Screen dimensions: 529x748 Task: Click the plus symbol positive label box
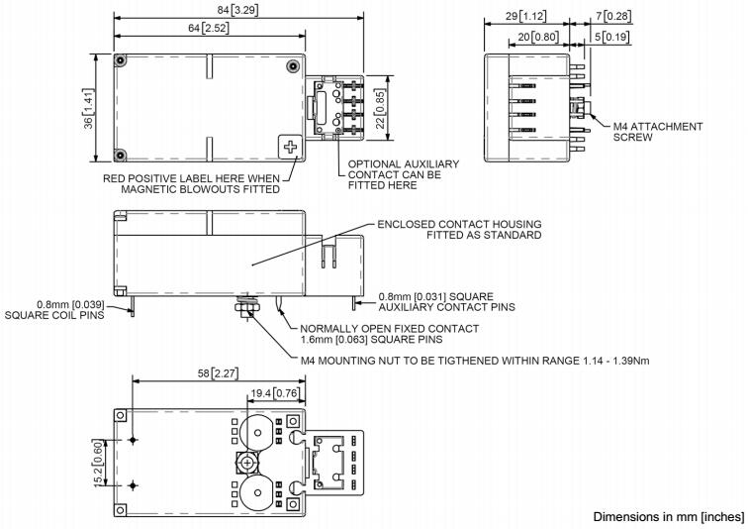pyautogui.click(x=289, y=148)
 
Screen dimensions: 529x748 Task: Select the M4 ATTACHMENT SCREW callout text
pyautogui.click(x=657, y=132)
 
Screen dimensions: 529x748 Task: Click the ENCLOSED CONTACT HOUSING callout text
pyautogui.click(x=459, y=230)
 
